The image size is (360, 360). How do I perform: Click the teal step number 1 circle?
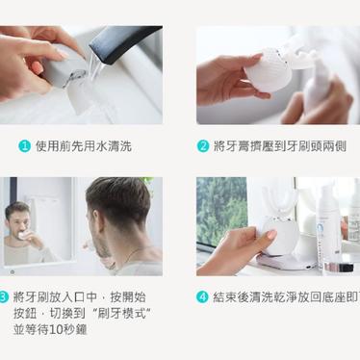click(x=24, y=146)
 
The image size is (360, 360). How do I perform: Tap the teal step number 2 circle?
click(x=203, y=146)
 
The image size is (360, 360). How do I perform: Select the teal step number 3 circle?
click(x=3, y=296)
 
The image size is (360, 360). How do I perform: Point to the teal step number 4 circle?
click(x=202, y=296)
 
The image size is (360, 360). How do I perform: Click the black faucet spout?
click(x=125, y=43)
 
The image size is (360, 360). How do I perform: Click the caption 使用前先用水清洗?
click(x=84, y=146)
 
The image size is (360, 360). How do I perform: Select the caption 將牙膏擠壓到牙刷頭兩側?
click(x=280, y=146)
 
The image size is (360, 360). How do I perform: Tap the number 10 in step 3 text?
click(x=57, y=330)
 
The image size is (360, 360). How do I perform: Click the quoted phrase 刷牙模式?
click(x=123, y=314)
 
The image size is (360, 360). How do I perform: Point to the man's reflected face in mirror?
click(x=17, y=219)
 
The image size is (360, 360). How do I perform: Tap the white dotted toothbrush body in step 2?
click(x=269, y=70)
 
